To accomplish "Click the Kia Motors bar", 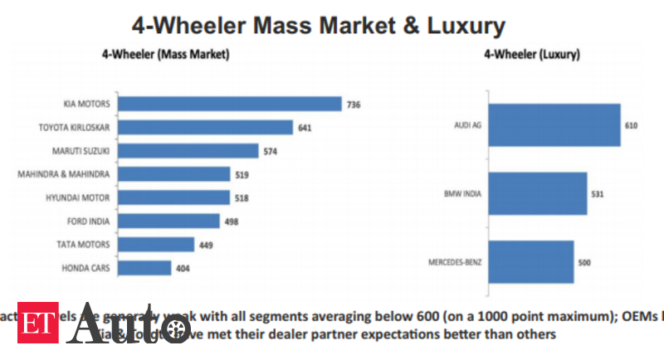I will (229, 105).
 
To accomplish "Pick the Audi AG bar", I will (554, 125).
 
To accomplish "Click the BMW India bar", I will (538, 194).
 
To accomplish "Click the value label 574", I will (270, 152).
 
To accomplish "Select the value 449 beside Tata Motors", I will (205, 245).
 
